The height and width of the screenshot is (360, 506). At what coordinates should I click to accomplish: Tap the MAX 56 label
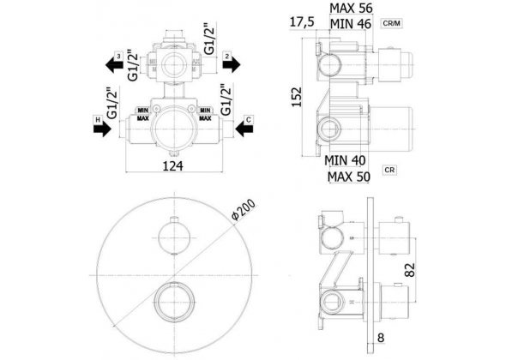tap(351, 9)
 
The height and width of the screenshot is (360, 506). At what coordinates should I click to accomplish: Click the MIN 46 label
tap(350, 26)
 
